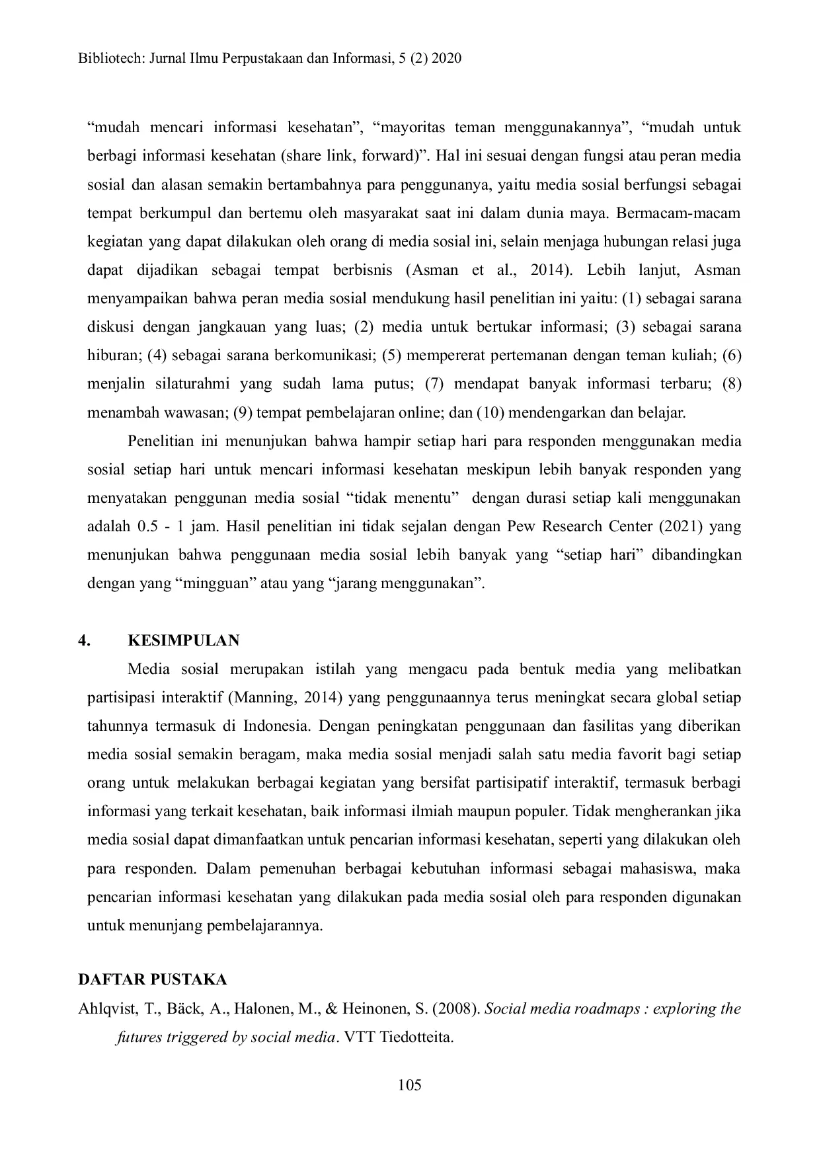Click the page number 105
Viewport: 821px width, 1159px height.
point(410,1084)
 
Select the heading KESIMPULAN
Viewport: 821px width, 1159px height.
point(183,640)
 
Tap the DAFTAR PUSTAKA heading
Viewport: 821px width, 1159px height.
point(152,979)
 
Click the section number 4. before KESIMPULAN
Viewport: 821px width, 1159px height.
point(84,640)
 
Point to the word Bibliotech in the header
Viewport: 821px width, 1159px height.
point(108,58)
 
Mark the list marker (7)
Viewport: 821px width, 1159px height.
point(434,384)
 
